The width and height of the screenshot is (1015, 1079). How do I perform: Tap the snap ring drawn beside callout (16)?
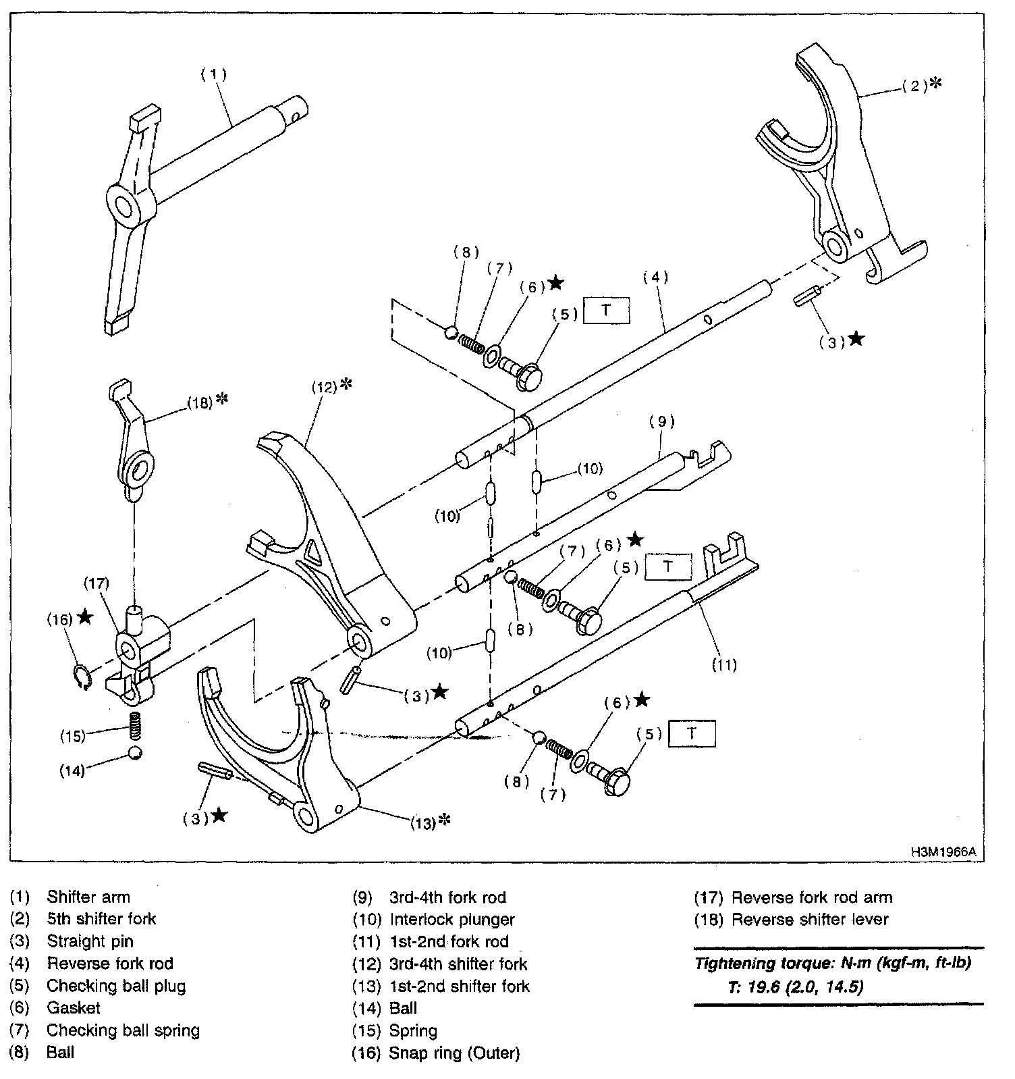[82, 677]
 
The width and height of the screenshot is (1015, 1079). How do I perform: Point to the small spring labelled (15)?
[135, 728]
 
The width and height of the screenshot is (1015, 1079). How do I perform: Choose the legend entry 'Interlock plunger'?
[451, 920]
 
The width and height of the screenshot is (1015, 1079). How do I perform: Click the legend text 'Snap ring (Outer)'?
[454, 1053]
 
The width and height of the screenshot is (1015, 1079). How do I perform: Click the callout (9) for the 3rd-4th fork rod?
[661, 421]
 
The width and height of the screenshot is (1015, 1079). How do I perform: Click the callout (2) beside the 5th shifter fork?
[914, 86]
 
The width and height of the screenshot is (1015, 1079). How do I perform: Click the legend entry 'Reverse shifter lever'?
[810, 920]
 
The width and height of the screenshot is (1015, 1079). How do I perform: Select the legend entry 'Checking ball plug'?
[116, 986]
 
